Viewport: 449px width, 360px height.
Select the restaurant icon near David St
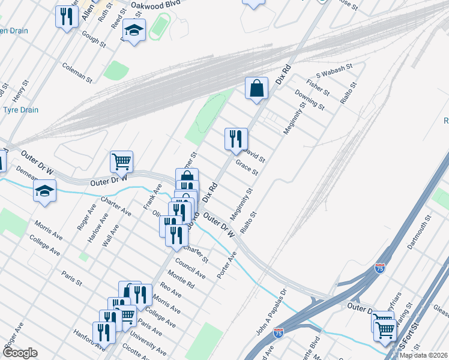click(x=236, y=139)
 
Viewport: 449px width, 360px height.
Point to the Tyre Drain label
click(x=21, y=110)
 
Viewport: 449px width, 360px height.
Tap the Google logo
click(x=19, y=353)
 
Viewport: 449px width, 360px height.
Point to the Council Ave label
click(x=190, y=268)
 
